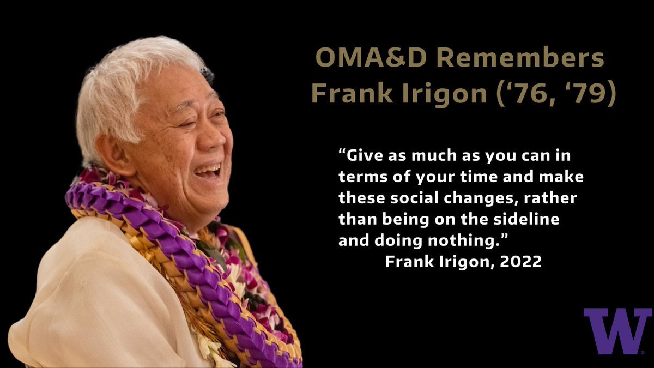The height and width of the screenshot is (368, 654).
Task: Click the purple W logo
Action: (x=617, y=331)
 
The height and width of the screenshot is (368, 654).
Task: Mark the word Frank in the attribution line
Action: (x=410, y=262)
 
